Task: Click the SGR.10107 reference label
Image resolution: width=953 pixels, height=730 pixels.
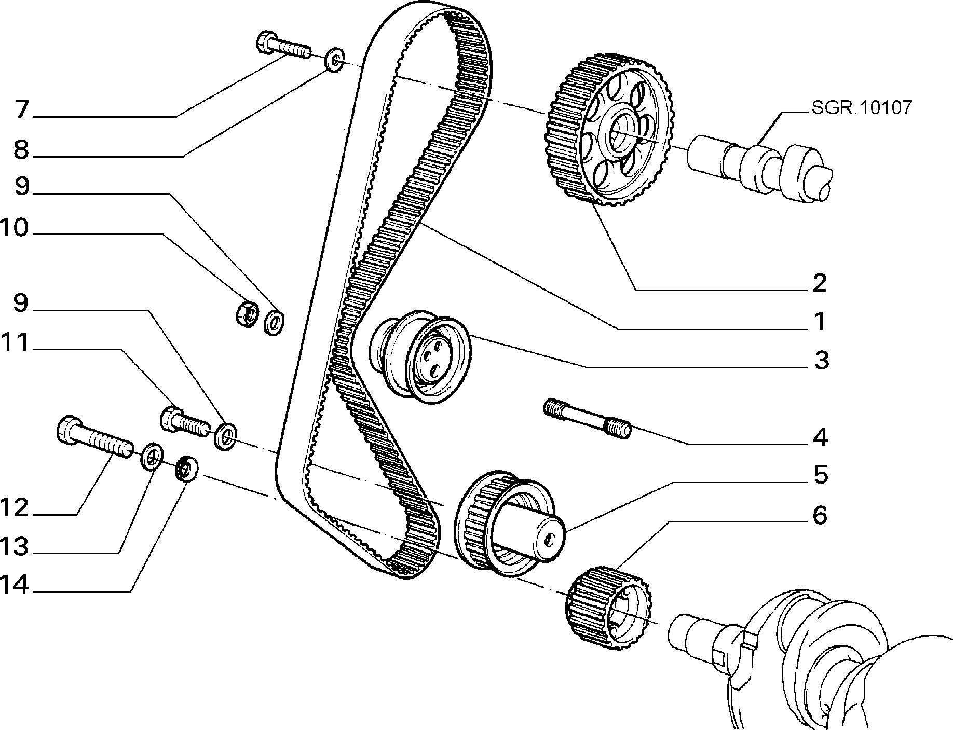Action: click(861, 107)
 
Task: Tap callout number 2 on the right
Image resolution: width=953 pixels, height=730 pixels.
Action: click(819, 283)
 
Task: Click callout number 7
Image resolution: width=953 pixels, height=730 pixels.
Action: click(21, 110)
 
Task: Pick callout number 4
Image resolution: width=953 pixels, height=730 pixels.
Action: click(820, 437)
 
